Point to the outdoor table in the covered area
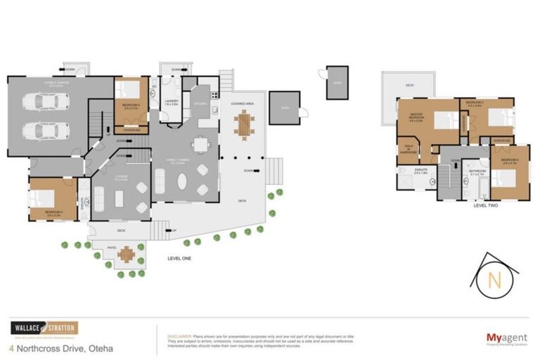[244, 125]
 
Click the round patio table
[126, 254]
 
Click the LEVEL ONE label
[179, 258]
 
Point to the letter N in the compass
[495, 281]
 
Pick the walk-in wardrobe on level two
[408, 150]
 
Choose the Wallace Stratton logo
[44, 328]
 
